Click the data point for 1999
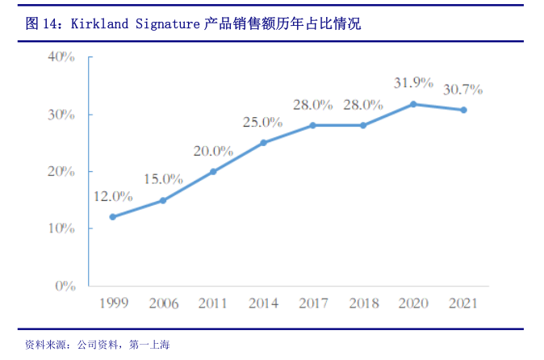point(113,217)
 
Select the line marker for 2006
point(163,200)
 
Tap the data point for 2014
point(263,143)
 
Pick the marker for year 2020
point(413,104)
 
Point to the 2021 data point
point(463,110)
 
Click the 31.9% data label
point(413,83)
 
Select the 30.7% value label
point(463,89)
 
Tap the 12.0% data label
point(113,196)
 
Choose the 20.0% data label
point(213,151)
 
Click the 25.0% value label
point(263,123)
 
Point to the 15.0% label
point(163,179)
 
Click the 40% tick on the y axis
point(61,57)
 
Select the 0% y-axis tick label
point(65,286)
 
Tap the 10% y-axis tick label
point(61,228)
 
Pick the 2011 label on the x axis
point(213,304)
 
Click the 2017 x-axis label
point(313,304)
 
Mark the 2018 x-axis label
point(363,304)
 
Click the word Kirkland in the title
point(99,24)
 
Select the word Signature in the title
point(165,24)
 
